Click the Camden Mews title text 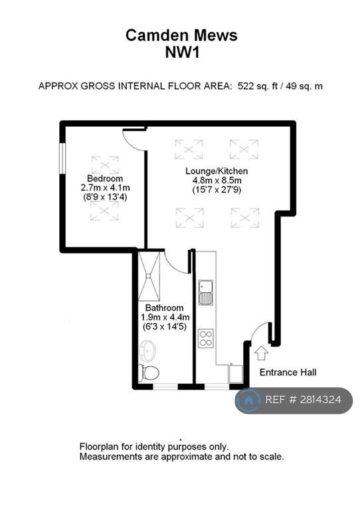(181, 35)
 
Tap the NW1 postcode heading (182, 52)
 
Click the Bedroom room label (105, 178)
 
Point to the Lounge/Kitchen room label (217, 171)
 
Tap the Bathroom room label (164, 307)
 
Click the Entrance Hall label (288, 372)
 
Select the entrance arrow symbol (261, 353)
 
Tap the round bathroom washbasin (148, 351)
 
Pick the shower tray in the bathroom (149, 276)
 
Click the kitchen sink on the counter (206, 292)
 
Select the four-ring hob (205, 338)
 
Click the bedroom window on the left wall (62, 158)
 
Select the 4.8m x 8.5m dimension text (217, 180)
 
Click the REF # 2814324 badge (294, 400)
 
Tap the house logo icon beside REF (248, 400)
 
